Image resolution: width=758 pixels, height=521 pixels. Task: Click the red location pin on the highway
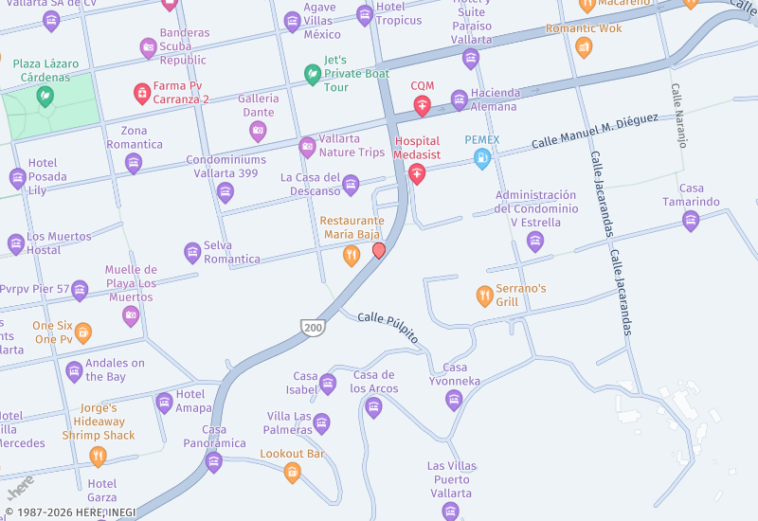379,250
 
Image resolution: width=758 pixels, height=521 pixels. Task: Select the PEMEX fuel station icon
482,159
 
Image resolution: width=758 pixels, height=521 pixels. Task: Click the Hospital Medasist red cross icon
417,173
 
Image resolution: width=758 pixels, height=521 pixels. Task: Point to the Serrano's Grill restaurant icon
484,296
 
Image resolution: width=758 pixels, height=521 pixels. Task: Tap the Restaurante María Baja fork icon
352,255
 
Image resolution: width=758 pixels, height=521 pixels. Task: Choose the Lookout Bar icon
292,472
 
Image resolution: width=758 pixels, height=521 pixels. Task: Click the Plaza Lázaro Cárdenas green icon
45,96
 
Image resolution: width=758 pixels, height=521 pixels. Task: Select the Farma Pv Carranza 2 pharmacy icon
142,93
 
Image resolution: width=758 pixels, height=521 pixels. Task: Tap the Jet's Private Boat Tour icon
312,74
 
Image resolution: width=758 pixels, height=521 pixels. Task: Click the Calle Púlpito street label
388,325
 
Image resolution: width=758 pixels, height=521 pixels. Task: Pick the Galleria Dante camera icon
258,132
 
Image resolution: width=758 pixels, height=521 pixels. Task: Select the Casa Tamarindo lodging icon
691,221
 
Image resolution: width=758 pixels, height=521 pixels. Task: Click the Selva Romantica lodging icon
192,252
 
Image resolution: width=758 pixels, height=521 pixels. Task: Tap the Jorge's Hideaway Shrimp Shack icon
98,457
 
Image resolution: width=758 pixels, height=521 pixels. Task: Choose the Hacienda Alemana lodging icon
460,99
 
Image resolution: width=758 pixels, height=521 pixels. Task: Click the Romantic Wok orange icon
584,46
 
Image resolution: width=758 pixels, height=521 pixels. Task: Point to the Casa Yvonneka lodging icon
454,400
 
